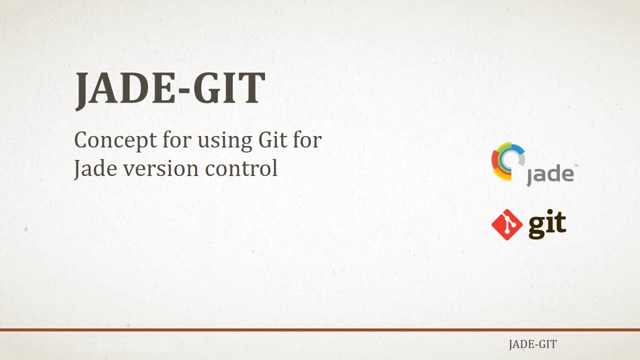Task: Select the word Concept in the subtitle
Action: tap(115, 140)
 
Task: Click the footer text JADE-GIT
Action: tap(532, 344)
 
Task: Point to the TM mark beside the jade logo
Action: tap(575, 165)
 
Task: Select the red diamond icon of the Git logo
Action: tap(507, 224)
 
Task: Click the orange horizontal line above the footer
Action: tap(320, 330)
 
